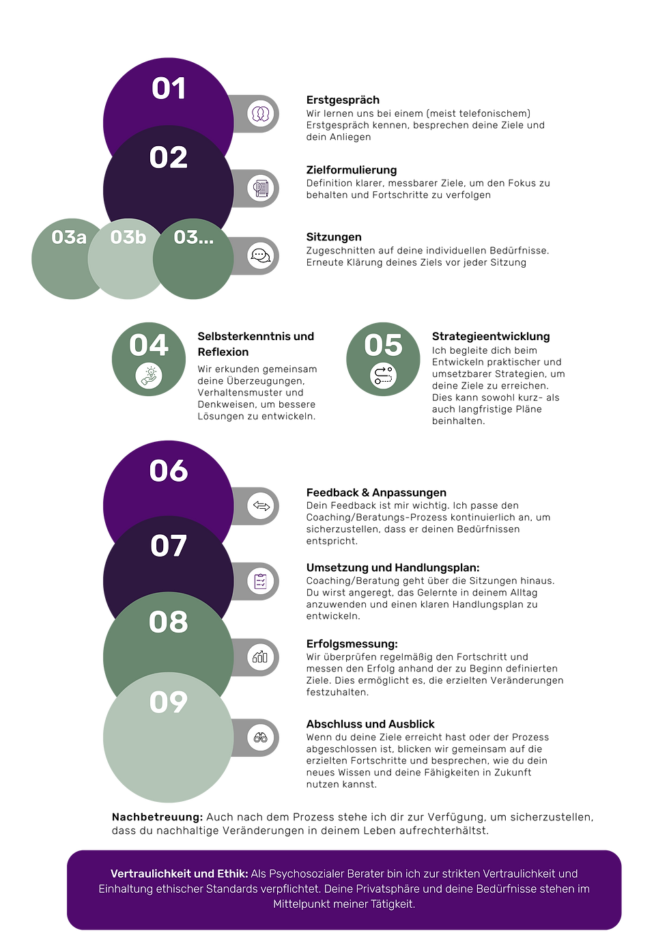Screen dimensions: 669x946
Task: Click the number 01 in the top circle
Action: (x=169, y=89)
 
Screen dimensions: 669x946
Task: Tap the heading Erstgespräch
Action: (x=343, y=100)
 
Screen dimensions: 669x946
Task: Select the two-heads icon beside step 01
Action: (x=260, y=113)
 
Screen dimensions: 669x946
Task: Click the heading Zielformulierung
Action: (x=351, y=170)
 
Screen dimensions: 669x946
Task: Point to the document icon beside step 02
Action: (x=260, y=189)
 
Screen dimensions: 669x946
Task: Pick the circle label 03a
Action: (x=69, y=237)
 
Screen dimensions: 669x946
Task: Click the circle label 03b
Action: (x=128, y=237)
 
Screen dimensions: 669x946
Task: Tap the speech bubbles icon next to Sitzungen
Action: (x=260, y=255)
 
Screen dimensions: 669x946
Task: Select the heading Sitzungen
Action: (x=334, y=237)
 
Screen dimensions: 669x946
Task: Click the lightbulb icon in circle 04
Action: (x=149, y=376)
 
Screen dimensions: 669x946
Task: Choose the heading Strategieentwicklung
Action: (x=490, y=337)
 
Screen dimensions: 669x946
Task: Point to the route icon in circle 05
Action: (x=383, y=376)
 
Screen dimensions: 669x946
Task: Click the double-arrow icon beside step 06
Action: (x=261, y=505)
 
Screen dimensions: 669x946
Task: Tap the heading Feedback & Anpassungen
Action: (x=376, y=492)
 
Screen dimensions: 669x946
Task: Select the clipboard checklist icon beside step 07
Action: (x=260, y=581)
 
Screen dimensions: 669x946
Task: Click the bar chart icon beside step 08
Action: (x=260, y=656)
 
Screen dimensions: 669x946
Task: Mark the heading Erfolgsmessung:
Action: (x=352, y=644)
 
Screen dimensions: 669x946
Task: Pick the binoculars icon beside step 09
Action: (x=260, y=738)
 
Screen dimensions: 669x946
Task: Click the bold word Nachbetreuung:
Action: (x=157, y=817)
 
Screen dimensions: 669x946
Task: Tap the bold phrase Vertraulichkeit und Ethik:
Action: (x=180, y=874)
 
